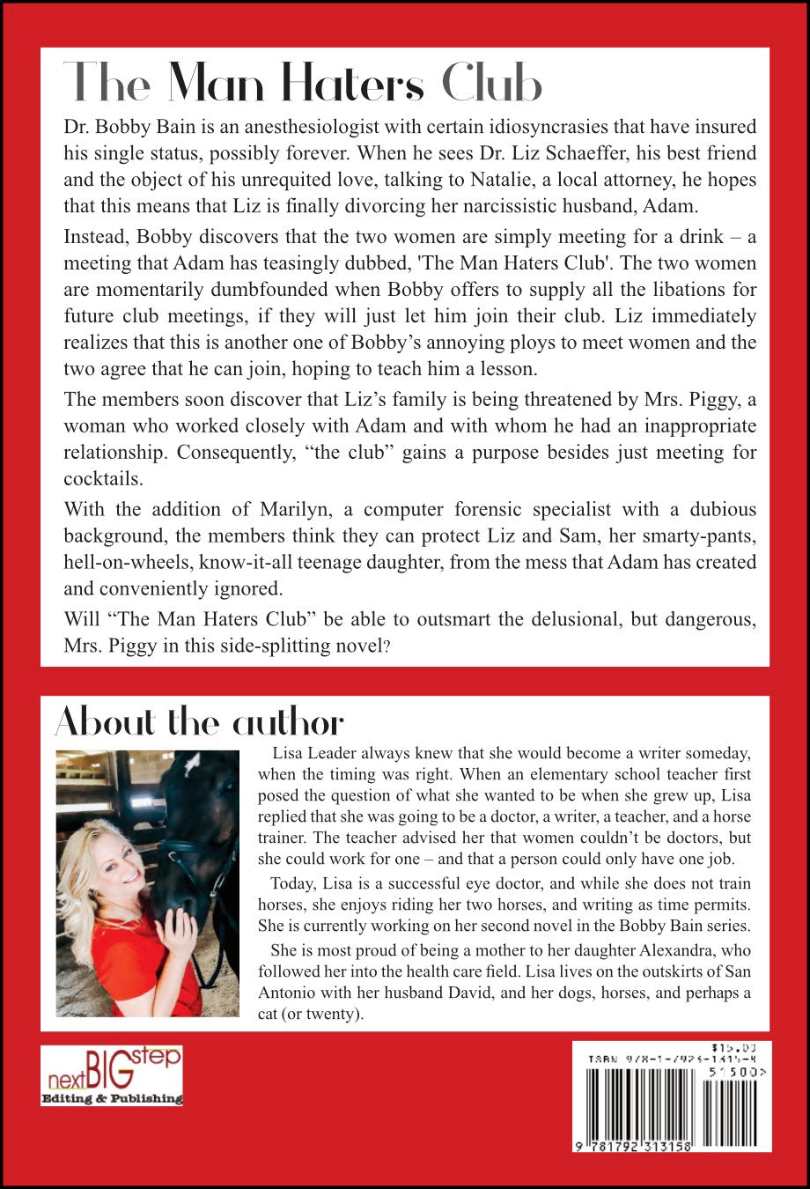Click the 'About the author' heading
(x=199, y=723)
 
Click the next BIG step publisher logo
(x=111, y=1075)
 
